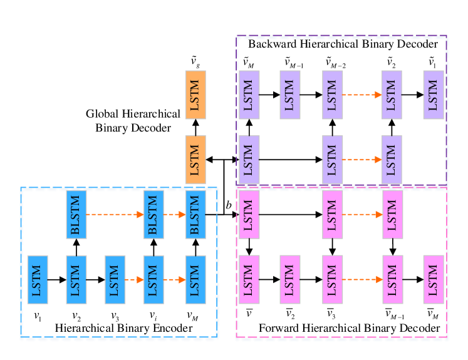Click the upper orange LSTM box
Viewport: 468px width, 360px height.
(195, 95)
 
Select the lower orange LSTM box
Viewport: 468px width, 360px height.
(195, 160)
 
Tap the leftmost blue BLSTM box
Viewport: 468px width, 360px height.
(76, 214)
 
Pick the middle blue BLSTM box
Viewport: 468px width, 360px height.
(153, 214)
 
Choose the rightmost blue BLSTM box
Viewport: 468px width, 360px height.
(195, 214)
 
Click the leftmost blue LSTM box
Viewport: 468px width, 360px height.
(38, 279)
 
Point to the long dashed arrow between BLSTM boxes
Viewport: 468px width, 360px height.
(115, 214)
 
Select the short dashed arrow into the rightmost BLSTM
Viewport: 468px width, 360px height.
(175, 214)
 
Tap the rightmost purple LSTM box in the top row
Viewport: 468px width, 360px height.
(433, 95)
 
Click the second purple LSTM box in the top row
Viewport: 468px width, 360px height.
(289, 95)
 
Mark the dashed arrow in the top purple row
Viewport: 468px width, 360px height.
(362, 95)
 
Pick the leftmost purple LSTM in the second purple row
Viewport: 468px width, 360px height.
(249, 160)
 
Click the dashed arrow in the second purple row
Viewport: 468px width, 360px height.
(362, 160)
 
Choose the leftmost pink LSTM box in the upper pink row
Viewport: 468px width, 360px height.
(249, 214)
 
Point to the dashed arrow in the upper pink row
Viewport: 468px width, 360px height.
(362, 214)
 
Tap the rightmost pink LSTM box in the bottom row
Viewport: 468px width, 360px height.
(433, 279)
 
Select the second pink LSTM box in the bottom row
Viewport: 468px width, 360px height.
(289, 279)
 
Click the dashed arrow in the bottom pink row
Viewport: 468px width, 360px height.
(362, 279)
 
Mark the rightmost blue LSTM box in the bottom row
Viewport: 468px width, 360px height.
(195, 279)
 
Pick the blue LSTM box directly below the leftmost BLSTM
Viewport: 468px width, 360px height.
(76, 279)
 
